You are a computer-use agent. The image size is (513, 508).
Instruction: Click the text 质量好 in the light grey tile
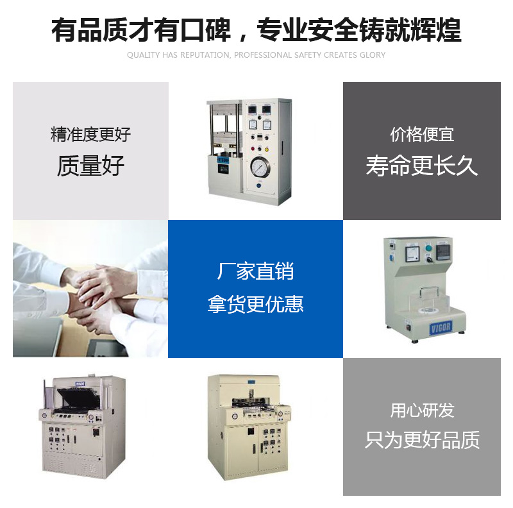[90, 165]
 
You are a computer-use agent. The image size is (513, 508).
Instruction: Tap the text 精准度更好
[90, 134]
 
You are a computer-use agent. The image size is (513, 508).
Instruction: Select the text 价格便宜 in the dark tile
[422, 134]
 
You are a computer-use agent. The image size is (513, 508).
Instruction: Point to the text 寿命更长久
[422, 165]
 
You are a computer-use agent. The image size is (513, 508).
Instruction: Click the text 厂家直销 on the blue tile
[255, 271]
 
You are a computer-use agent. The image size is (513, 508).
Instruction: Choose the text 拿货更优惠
[255, 304]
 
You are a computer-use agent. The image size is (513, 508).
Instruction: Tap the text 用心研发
[422, 410]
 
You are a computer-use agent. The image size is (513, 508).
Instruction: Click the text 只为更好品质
[422, 439]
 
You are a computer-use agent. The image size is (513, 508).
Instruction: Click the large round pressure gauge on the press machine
[260, 167]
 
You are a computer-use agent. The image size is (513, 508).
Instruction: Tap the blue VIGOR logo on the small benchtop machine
[441, 328]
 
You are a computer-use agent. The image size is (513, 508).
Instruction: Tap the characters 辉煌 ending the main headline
[436, 30]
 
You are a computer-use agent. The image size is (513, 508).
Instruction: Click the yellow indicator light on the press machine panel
[267, 149]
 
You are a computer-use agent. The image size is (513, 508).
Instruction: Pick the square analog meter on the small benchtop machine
[412, 254]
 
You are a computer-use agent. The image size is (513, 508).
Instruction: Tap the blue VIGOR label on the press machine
[223, 160]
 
